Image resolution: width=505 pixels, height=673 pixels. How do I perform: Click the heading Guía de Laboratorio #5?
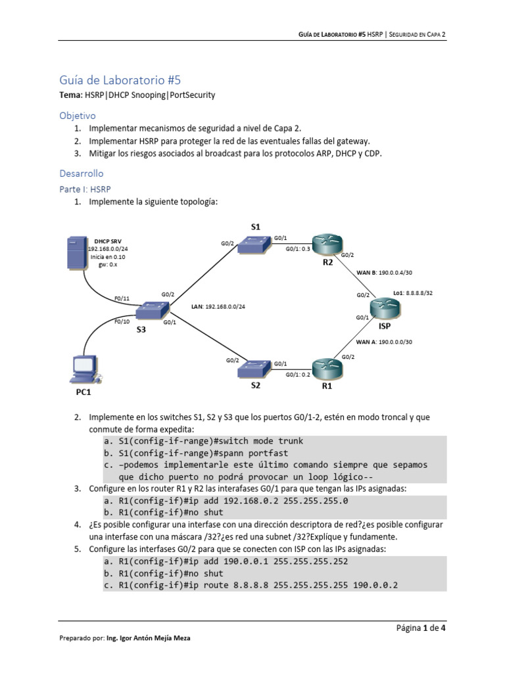120,81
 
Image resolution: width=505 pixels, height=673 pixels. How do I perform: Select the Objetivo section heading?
78,115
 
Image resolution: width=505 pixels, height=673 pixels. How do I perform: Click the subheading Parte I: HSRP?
85,189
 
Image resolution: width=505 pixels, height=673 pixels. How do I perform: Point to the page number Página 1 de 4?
421,628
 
